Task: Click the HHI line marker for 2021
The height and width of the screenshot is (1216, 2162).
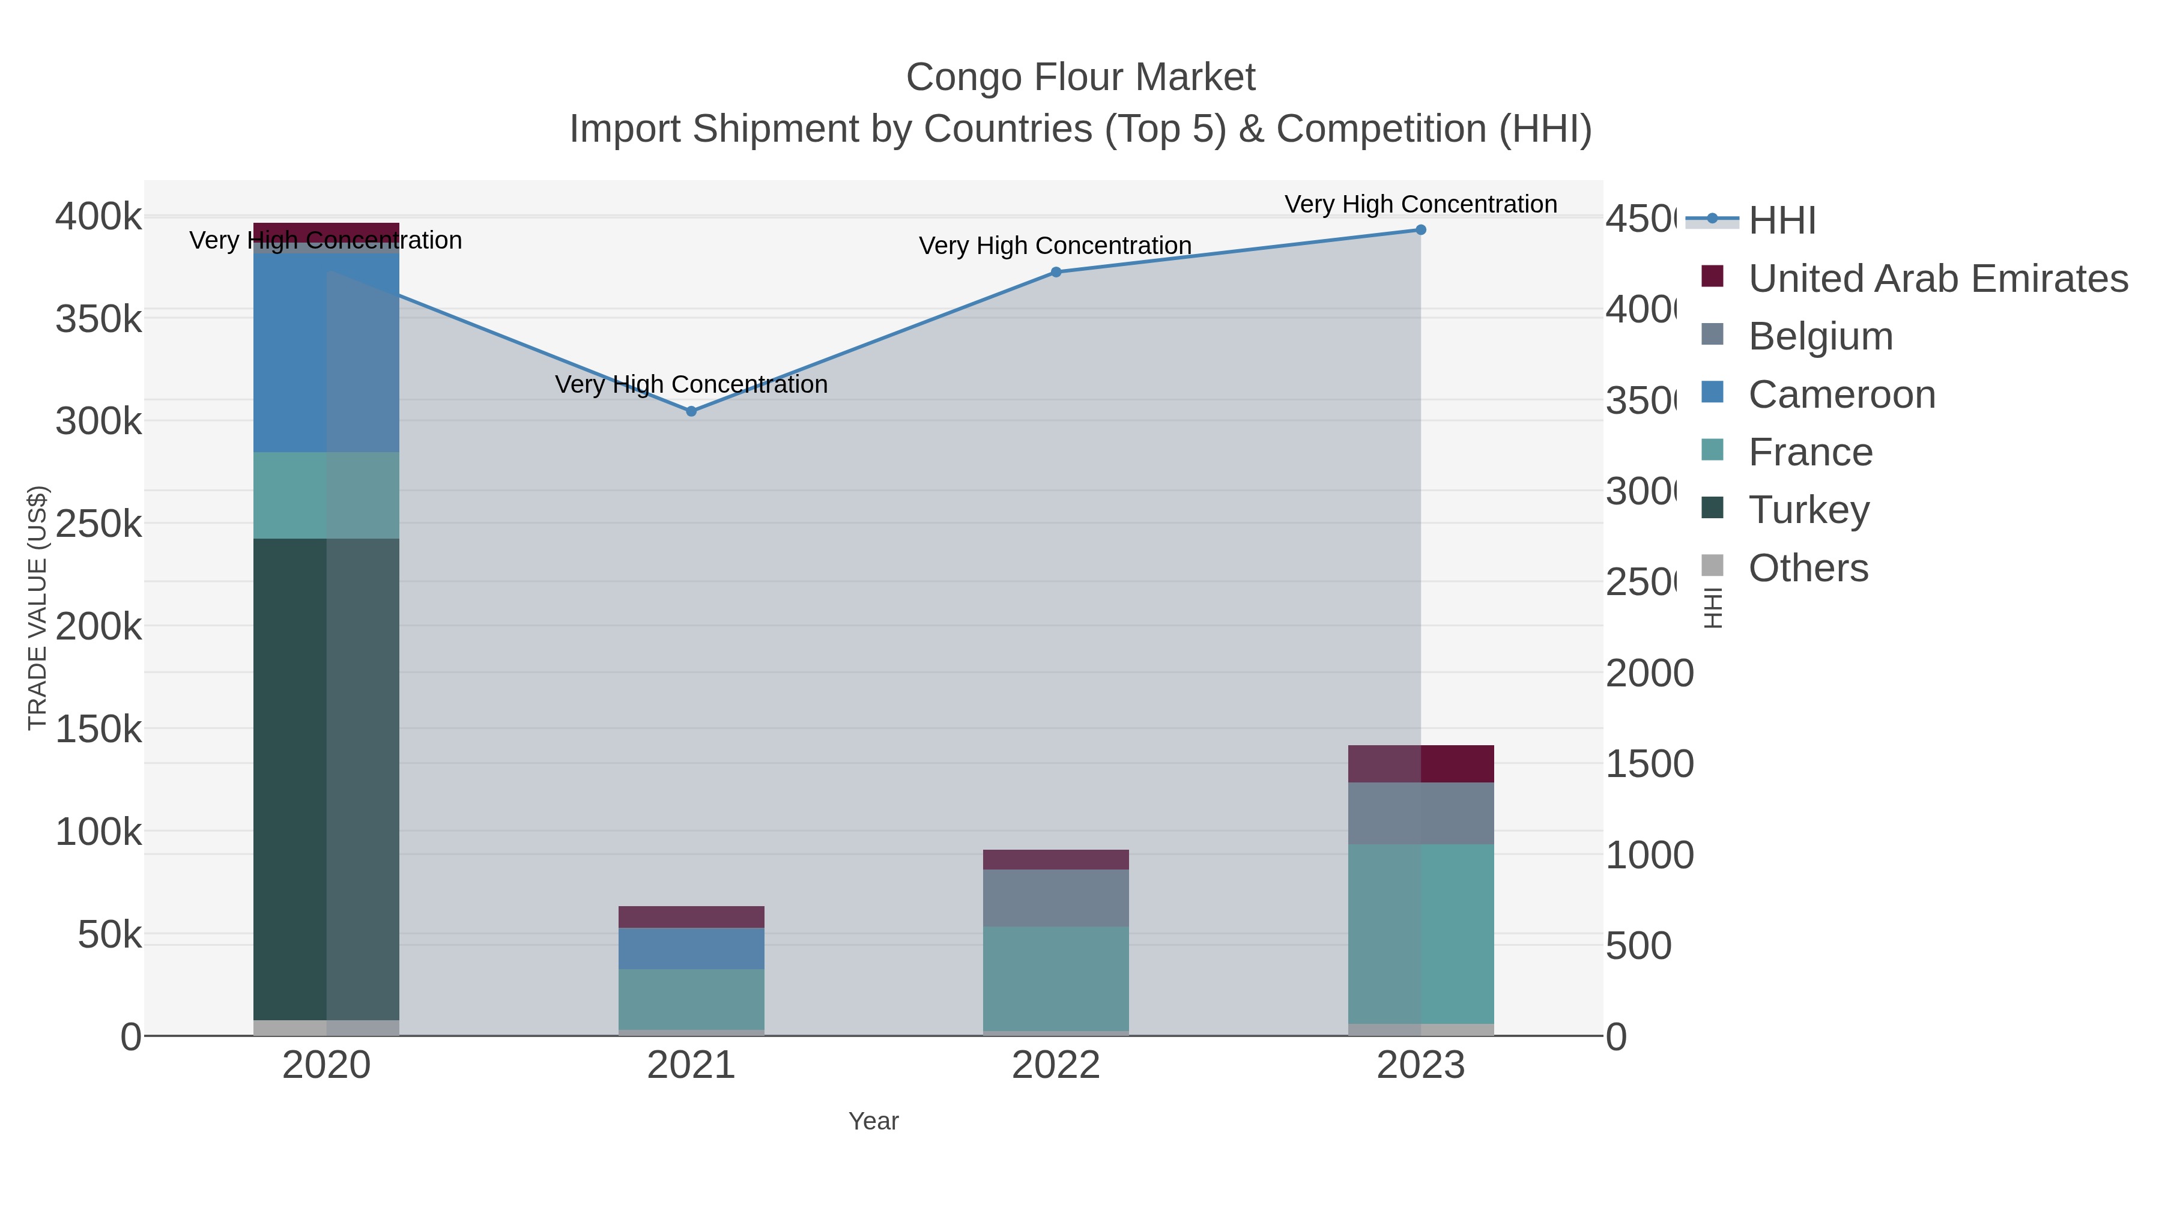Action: pos(691,411)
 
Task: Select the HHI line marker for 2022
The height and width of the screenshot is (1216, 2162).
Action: pos(1056,272)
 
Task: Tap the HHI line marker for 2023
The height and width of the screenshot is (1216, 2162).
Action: pos(1420,230)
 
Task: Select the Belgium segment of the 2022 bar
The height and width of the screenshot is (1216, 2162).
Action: pos(1056,898)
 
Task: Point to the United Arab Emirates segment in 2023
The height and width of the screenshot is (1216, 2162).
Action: pos(1420,764)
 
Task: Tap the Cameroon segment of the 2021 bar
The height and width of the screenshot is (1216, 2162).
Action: pos(691,948)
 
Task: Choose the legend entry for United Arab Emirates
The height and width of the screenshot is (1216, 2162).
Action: pos(1937,278)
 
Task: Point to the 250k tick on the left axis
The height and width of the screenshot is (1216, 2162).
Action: pos(99,524)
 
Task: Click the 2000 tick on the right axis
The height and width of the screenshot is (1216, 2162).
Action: pos(1649,673)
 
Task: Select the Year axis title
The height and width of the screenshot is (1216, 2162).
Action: pos(873,1121)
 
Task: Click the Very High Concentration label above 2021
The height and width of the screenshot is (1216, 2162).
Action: pos(691,384)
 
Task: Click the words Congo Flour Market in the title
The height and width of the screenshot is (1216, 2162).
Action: pos(1080,77)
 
